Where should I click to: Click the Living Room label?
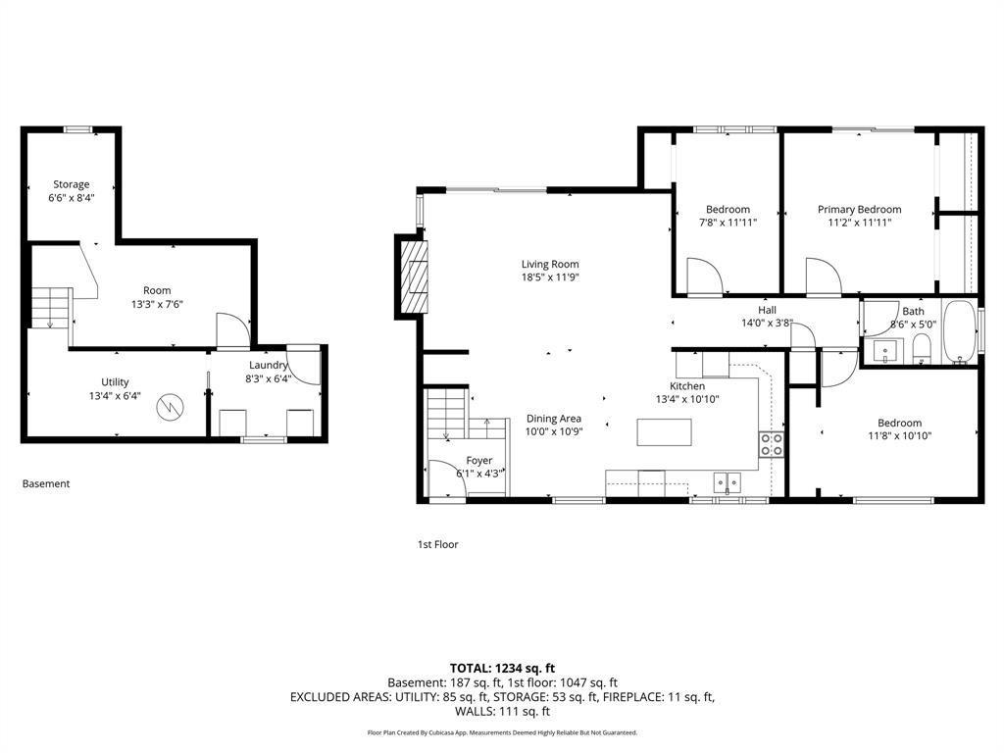pos(550,264)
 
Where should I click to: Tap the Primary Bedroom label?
pos(859,210)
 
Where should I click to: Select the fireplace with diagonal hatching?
pos(413,276)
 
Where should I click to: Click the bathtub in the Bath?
pos(959,332)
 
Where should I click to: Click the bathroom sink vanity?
pos(887,351)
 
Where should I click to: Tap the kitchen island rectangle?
pos(664,432)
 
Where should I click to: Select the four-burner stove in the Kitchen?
pos(772,444)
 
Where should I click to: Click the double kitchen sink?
pos(728,481)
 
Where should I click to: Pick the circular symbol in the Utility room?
pos(171,406)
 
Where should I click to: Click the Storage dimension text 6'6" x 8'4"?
pos(72,198)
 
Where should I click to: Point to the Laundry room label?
pos(269,365)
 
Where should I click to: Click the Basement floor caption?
pos(46,483)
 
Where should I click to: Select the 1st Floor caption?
pos(438,544)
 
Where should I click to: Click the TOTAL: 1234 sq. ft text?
pos(503,669)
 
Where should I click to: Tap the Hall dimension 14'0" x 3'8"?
pos(767,324)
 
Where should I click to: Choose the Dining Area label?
pos(554,419)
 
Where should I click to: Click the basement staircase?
pos(51,308)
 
